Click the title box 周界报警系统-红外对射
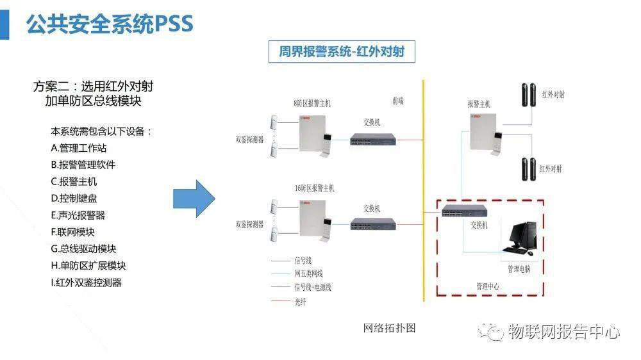tap(341, 52)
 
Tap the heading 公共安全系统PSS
tap(109, 24)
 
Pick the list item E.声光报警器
tap(78, 215)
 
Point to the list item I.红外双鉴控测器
tap(86, 282)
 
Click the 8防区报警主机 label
tap(312, 102)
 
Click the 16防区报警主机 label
tap(314, 188)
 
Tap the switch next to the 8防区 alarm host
tap(372, 139)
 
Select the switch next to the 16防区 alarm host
tap(372, 224)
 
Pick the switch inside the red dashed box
tap(464, 212)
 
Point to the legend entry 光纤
tap(300, 302)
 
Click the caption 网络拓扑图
tap(390, 328)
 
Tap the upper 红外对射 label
tap(553, 95)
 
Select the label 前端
tap(398, 101)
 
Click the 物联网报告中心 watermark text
tap(563, 332)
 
